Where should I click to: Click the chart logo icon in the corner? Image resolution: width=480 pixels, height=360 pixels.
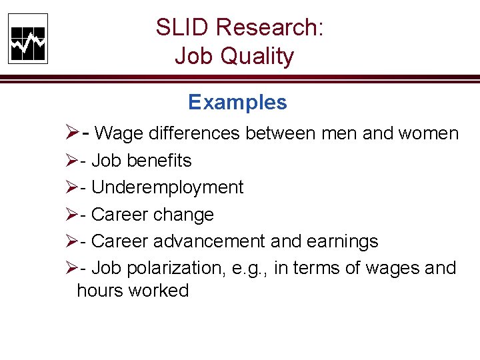coord(28,39)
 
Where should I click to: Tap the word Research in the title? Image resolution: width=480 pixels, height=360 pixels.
coord(270,28)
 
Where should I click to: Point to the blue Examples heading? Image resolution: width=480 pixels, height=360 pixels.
coord(237,102)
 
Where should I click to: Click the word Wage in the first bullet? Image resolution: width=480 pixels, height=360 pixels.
coord(119,133)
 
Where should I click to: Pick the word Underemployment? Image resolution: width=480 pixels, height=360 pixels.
coord(167,188)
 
